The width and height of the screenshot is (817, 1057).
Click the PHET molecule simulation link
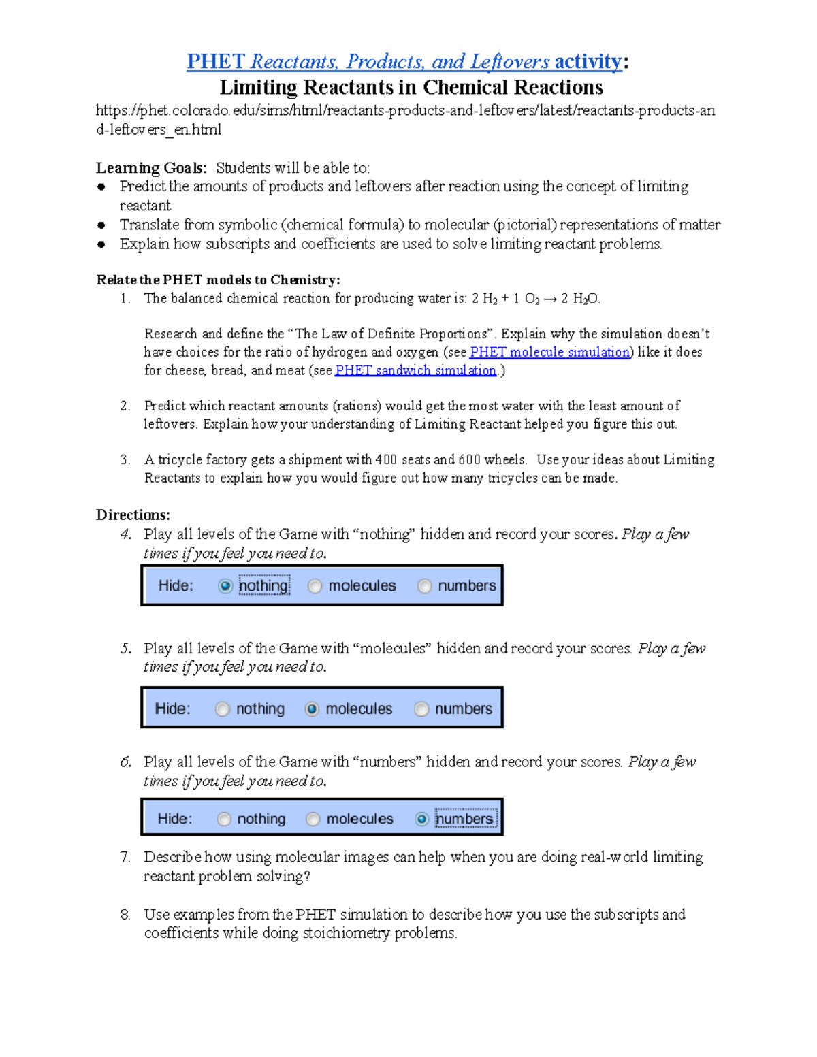549,352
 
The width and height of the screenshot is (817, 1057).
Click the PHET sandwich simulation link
415,370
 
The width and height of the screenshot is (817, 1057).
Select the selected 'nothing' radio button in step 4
225,586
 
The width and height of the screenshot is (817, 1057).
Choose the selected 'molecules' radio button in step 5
312,709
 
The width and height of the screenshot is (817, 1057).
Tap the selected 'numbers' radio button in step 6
422,819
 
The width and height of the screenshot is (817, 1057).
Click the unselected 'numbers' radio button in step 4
425,586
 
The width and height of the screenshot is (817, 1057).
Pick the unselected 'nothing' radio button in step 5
223,709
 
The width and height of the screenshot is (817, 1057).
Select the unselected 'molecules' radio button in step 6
313,819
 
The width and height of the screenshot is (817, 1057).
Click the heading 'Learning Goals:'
151,168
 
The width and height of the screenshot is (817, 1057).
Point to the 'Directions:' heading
133,515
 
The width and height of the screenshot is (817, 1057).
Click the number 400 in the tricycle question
386,460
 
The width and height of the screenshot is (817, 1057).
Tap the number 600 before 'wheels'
469,460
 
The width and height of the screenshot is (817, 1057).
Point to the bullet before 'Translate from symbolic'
101,225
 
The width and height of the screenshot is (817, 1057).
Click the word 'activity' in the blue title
588,62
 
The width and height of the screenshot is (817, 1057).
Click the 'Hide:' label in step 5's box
173,709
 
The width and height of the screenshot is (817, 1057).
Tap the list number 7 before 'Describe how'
125,858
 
